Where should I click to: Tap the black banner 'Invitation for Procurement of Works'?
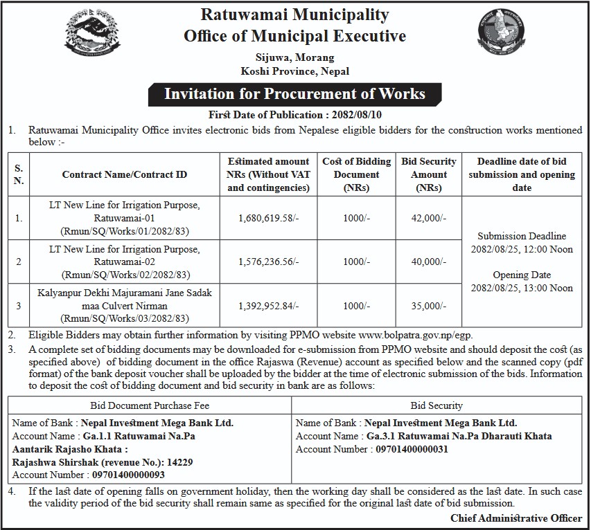click(x=294, y=93)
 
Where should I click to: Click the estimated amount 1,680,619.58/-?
click(x=268, y=218)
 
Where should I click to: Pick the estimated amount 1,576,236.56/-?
click(x=268, y=262)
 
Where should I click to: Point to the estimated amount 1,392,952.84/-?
click(x=268, y=305)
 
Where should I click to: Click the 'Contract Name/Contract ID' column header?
click(x=125, y=175)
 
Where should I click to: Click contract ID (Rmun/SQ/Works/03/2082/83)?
click(x=125, y=318)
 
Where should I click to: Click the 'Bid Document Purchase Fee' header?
click(x=150, y=405)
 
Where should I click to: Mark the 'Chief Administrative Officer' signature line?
click(x=516, y=517)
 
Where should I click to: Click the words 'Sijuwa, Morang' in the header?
click(x=294, y=57)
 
